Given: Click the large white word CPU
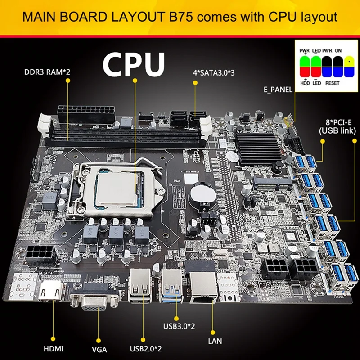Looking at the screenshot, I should (x=134, y=64).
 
